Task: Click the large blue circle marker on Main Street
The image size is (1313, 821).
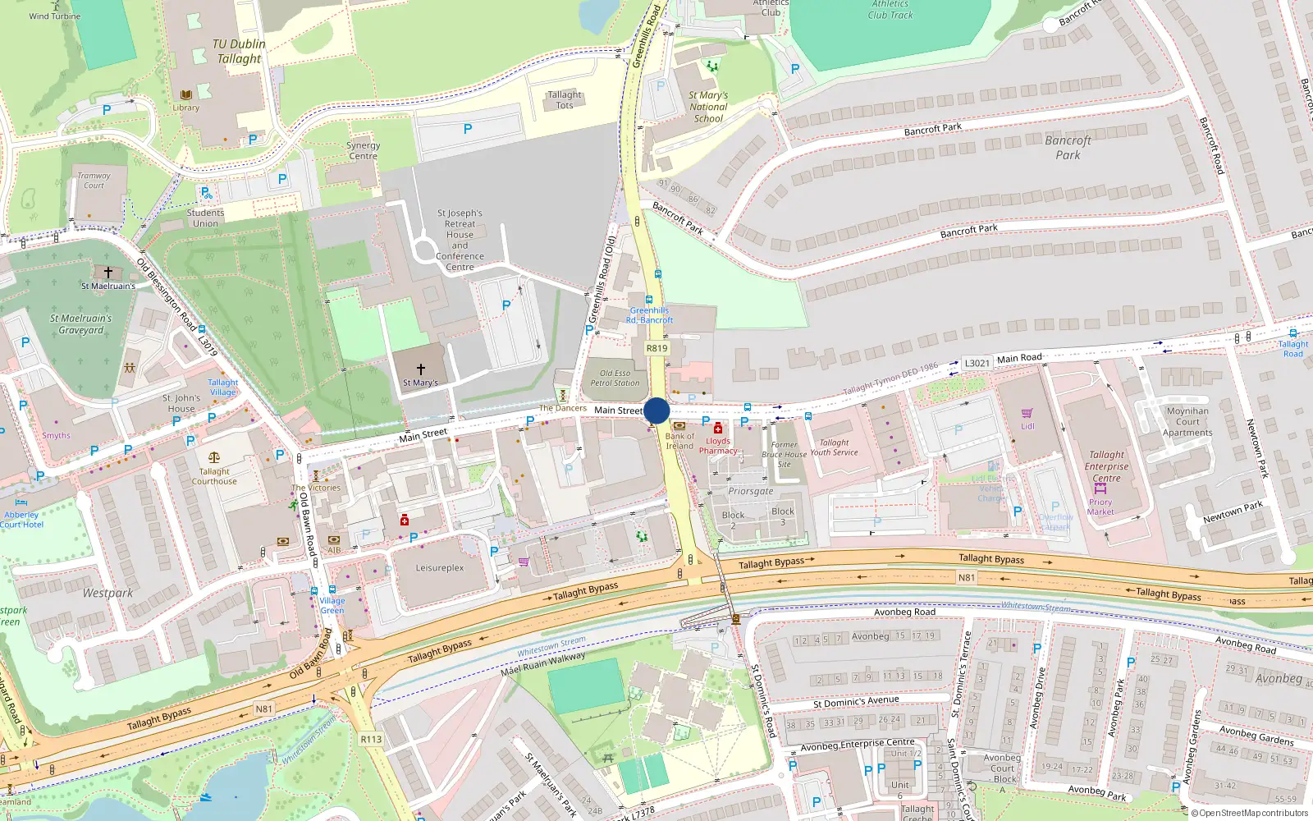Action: click(656, 410)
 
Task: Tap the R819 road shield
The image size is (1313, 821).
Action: click(656, 348)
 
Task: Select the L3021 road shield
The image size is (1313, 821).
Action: click(977, 363)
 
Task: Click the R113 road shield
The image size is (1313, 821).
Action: click(371, 739)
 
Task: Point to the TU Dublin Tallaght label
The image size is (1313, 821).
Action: click(238, 51)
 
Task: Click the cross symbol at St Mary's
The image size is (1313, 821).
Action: click(421, 369)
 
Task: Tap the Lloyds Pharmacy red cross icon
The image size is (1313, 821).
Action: click(718, 428)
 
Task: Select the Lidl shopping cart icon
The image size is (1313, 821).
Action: click(1027, 414)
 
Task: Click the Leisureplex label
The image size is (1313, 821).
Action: click(440, 568)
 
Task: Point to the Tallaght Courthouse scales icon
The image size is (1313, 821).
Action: click(214, 458)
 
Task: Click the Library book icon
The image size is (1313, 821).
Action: click(186, 95)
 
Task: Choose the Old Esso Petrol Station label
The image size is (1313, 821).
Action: click(615, 378)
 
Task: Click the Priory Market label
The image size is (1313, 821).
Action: click(1100, 507)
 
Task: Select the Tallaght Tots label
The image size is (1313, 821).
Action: click(565, 99)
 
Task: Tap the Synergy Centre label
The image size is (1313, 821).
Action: click(363, 150)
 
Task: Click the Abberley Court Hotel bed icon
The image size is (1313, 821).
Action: click(21, 502)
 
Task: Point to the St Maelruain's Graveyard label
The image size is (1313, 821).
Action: click(81, 324)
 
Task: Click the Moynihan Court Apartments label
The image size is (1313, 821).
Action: click(1187, 421)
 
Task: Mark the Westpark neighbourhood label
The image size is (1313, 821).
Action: click(108, 593)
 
